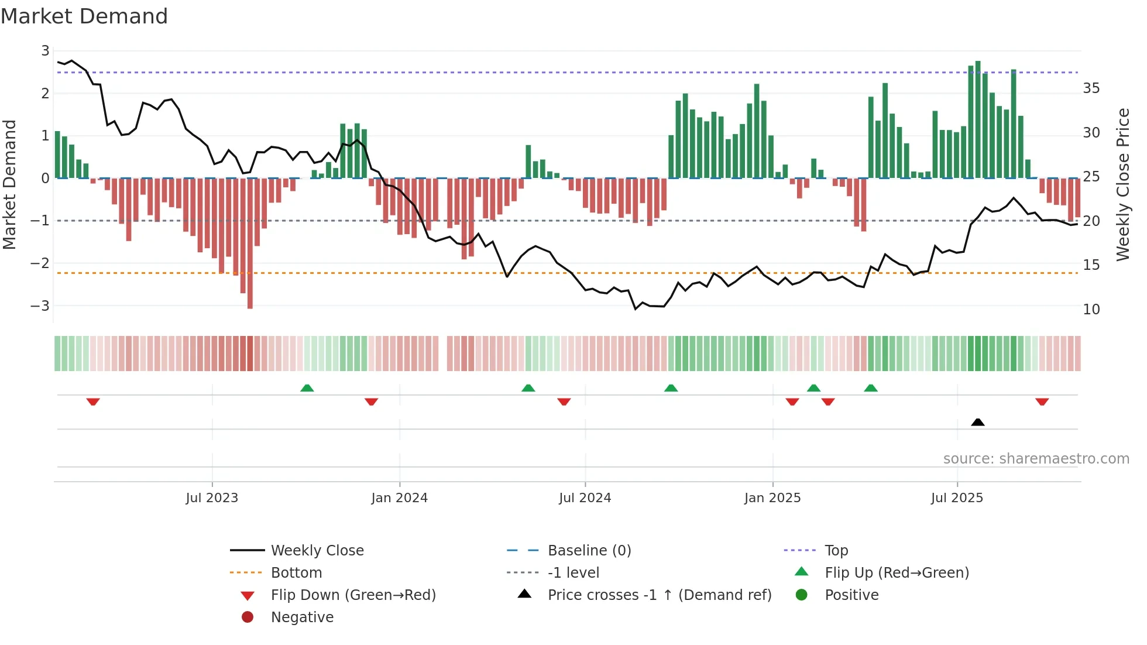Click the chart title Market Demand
[84, 16]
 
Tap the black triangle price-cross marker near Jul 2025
[977, 422]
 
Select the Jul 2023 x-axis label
[212, 498]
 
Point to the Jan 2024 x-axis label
[399, 498]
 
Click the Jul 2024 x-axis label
[585, 498]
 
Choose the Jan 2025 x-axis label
[772, 498]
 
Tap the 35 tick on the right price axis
[1091, 88]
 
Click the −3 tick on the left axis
[40, 306]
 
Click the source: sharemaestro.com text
[1036, 459]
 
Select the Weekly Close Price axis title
[1122, 184]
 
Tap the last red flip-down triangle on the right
[1042, 402]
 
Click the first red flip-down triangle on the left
[93, 402]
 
